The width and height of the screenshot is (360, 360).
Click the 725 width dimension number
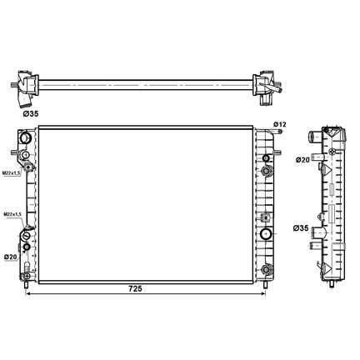tap(135, 289)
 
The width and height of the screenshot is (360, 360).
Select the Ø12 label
tap(280, 124)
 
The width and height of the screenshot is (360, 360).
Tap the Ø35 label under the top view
tap(31, 113)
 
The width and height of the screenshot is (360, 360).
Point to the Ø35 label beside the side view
tap(301, 228)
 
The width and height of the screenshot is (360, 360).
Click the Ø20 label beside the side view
tap(302, 160)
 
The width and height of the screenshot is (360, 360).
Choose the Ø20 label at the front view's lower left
tap(11, 257)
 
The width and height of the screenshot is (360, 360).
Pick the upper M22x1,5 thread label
tap(12, 173)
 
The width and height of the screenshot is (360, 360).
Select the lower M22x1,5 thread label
tap(12, 214)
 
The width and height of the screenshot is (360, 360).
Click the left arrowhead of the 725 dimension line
tap(27, 293)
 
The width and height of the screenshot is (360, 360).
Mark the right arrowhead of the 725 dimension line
tap(263, 293)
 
